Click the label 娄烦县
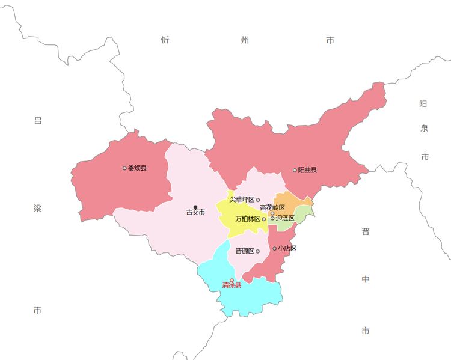point(137,168)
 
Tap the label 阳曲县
point(307,170)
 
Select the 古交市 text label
point(195,212)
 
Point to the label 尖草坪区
point(242,200)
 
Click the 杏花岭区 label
point(272,207)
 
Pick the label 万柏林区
point(248,219)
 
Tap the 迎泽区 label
point(285,218)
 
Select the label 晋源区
point(244,251)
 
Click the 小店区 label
point(287,248)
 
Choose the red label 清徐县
point(232,285)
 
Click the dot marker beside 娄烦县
point(124,168)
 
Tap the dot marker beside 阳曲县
point(295,170)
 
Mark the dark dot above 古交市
point(195,207)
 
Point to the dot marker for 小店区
point(275,248)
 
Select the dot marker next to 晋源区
point(257,251)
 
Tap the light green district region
point(304,213)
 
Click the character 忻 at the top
point(165,40)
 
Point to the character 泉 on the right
point(424,128)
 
